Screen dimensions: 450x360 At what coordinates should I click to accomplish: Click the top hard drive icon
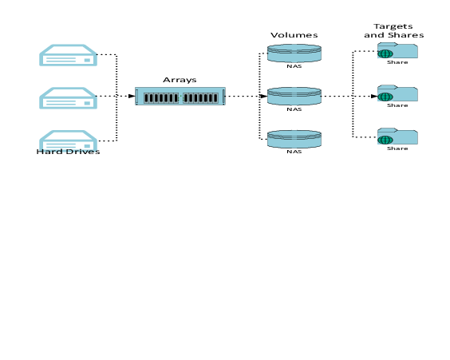click(x=68, y=55)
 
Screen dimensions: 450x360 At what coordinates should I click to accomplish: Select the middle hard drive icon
click(x=68, y=98)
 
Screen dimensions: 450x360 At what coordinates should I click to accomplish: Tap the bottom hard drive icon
click(x=68, y=140)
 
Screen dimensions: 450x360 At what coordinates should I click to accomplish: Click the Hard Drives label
click(x=68, y=152)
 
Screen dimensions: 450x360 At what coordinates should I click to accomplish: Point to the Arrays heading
click(x=180, y=80)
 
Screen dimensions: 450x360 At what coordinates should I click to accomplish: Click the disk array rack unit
click(x=180, y=96)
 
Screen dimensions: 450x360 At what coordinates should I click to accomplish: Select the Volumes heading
click(x=294, y=35)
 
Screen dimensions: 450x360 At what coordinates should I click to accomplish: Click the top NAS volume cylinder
click(x=294, y=53)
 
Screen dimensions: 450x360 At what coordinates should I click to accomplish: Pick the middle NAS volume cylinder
click(x=294, y=96)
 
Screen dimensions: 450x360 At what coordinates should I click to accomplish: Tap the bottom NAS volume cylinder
click(x=294, y=139)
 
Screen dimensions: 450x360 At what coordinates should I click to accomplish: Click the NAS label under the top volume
click(x=294, y=66)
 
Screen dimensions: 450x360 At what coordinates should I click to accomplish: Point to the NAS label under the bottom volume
click(x=294, y=152)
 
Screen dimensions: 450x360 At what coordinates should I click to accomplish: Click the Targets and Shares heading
click(x=394, y=30)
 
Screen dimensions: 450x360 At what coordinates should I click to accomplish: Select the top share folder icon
click(x=397, y=50)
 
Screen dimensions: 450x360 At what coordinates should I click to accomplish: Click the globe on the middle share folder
click(x=385, y=97)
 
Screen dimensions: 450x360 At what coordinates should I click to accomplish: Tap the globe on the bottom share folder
click(x=385, y=140)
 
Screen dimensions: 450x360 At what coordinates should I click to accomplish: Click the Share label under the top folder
click(x=397, y=62)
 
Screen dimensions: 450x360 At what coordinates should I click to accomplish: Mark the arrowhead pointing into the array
click(x=132, y=96)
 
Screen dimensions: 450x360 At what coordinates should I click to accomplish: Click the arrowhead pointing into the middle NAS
click(x=264, y=96)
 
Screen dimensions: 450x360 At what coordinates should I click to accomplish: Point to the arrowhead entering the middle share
click(x=374, y=96)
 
